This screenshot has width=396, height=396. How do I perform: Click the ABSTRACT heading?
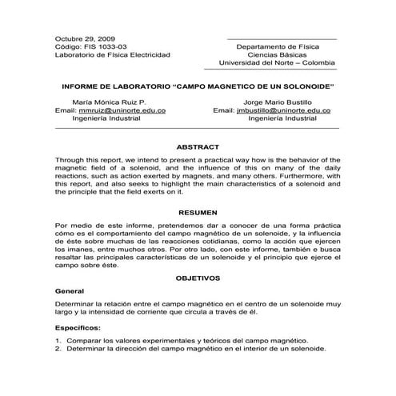pos(197,147)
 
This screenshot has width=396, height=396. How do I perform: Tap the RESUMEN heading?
pos(197,214)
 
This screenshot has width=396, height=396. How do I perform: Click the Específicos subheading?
pos(78,328)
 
